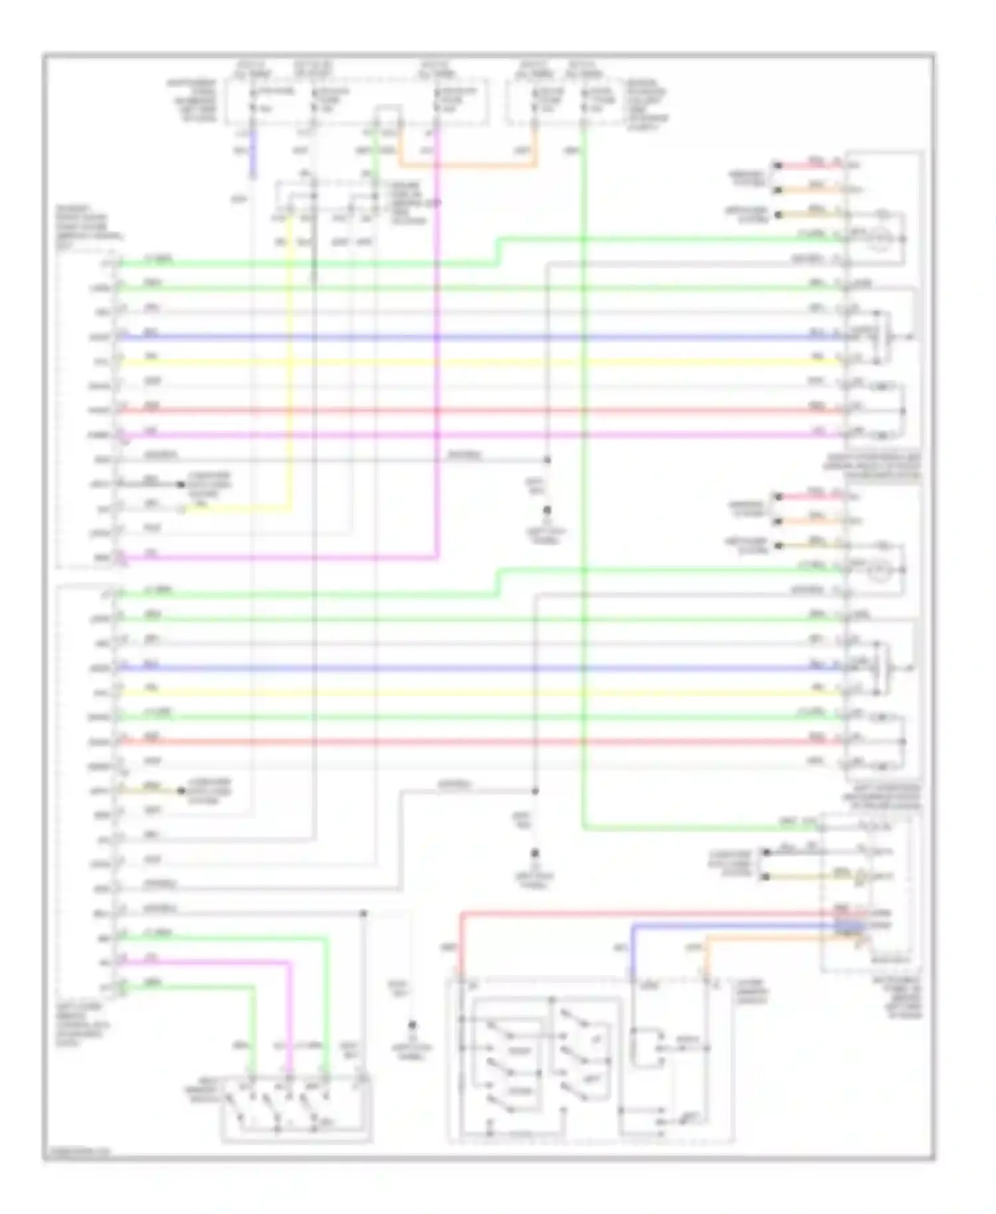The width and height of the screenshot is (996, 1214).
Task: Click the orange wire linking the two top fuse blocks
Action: point(465,165)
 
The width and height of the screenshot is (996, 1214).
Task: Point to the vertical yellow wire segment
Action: point(290,372)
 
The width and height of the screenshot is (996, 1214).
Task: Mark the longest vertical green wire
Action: point(584,465)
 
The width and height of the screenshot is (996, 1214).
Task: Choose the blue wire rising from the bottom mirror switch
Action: point(631,950)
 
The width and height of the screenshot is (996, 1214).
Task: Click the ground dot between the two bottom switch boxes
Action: point(412,1025)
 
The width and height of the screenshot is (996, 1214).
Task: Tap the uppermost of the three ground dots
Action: point(547,510)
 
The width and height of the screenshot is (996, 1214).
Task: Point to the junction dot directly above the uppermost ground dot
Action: point(547,460)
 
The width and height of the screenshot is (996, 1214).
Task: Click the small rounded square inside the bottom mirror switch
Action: point(645,1048)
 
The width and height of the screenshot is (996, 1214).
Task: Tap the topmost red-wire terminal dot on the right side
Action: point(778,165)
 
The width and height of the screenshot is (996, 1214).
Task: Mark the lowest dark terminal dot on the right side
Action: point(766,877)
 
